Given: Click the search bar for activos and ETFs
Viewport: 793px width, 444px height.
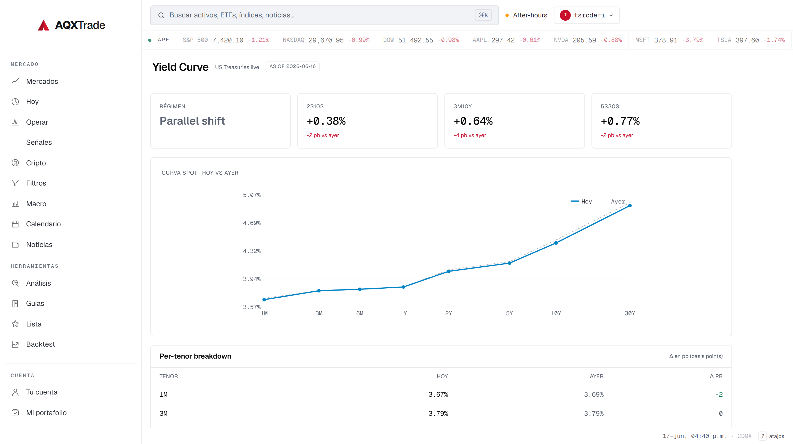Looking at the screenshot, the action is point(324,15).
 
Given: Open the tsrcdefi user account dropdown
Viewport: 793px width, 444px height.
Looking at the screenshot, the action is point(586,15).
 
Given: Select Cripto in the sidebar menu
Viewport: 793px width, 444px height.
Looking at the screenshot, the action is point(36,163).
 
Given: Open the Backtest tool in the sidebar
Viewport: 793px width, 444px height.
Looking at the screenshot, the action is point(40,344).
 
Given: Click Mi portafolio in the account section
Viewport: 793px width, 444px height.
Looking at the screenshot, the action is point(46,413).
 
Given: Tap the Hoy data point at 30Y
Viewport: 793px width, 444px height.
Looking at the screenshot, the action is point(630,206).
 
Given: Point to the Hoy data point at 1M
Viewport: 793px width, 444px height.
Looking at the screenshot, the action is point(264,300).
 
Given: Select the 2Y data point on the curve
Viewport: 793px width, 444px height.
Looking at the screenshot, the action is point(449,271).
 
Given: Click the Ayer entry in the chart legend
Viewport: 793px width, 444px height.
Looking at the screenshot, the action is point(613,201).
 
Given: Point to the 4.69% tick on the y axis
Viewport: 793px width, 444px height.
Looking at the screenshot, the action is point(252,223).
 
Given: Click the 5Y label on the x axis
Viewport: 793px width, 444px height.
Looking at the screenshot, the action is point(510,313).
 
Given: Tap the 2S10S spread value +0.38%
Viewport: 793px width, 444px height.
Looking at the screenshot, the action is point(326,121).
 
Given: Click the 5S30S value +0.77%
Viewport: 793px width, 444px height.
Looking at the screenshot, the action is point(620,121).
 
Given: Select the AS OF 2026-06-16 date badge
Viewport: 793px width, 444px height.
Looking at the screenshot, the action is point(292,66).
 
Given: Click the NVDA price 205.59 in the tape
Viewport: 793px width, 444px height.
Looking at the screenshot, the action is point(584,40).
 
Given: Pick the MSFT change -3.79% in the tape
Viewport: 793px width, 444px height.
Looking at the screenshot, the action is point(693,40).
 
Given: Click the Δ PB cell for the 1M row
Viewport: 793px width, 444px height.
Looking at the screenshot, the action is point(719,394).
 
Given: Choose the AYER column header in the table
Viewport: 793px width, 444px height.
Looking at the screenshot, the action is point(596,376).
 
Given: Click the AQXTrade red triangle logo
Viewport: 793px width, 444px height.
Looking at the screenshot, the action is point(43,25).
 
